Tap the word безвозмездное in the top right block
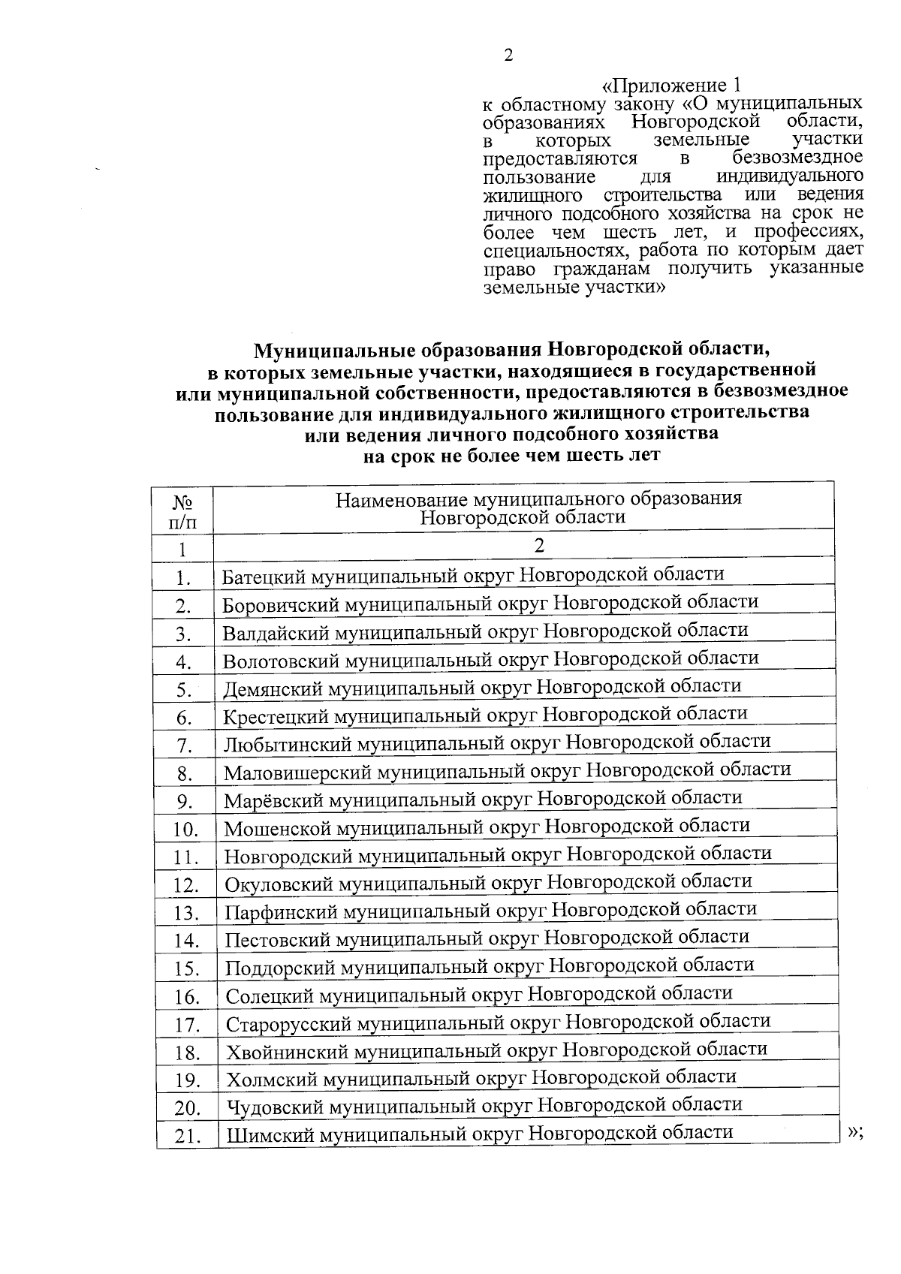tap(797, 158)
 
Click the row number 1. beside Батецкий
tap(182, 579)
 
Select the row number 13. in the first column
tap(185, 913)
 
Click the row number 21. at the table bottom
tap(185, 1137)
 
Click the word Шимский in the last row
tap(270, 1134)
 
